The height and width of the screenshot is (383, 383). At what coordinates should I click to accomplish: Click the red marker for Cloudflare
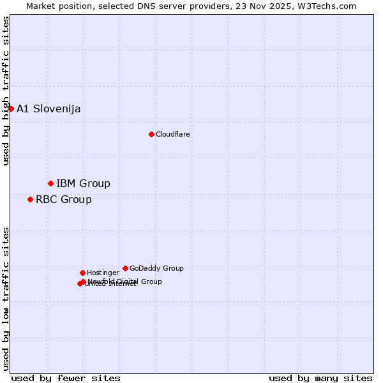pyautogui.click(x=151, y=134)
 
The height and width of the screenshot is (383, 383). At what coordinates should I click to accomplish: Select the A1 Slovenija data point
pyautogui.click(x=11, y=109)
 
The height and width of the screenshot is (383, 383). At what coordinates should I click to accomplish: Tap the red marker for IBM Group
pyautogui.click(x=50, y=183)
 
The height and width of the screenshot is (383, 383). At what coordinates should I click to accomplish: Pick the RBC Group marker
pyautogui.click(x=30, y=199)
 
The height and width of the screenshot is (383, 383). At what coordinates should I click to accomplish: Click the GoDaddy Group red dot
pyautogui.click(x=125, y=268)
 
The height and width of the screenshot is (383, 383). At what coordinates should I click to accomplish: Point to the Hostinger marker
pyautogui.click(x=82, y=273)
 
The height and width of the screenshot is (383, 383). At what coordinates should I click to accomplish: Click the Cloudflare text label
pyautogui.click(x=172, y=134)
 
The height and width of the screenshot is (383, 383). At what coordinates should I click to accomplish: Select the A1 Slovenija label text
pyautogui.click(x=49, y=109)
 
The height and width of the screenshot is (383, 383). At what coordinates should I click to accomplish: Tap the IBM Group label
pyautogui.click(x=83, y=184)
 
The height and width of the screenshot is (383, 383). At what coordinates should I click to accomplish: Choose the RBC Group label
pyautogui.click(x=63, y=199)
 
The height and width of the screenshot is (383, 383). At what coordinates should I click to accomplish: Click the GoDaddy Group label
pyautogui.click(x=156, y=268)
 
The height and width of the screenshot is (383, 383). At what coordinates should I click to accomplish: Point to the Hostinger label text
pyautogui.click(x=103, y=273)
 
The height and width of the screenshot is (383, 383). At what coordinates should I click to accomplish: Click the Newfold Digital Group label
pyautogui.click(x=125, y=281)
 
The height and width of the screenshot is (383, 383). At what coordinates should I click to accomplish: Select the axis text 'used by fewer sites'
pyautogui.click(x=66, y=378)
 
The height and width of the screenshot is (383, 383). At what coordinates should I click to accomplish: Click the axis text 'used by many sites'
pyautogui.click(x=320, y=378)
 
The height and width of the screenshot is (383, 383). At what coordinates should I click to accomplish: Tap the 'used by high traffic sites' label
pyautogui.click(x=6, y=91)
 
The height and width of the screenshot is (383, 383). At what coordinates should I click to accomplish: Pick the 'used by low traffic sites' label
pyautogui.click(x=6, y=298)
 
